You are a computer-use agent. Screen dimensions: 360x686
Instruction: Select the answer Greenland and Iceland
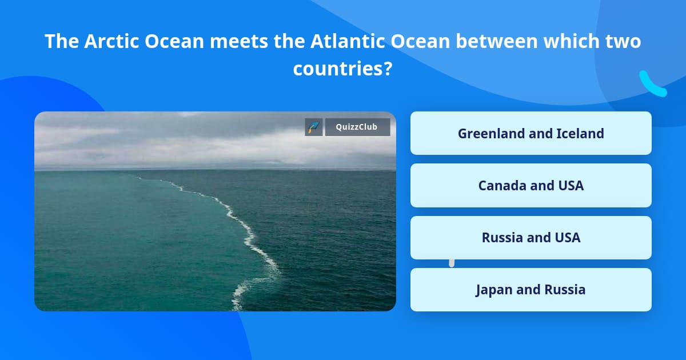531,133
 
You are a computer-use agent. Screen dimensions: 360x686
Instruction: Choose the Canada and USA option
531,185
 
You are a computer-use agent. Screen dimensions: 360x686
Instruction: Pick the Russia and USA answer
531,238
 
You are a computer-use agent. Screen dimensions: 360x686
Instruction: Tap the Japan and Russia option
531,290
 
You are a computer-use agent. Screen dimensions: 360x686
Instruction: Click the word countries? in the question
342,69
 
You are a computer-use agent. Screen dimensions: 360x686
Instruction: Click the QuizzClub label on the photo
357,127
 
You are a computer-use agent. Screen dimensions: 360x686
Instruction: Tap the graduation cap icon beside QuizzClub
314,127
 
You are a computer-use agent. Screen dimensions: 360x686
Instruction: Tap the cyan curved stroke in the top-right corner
652,85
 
